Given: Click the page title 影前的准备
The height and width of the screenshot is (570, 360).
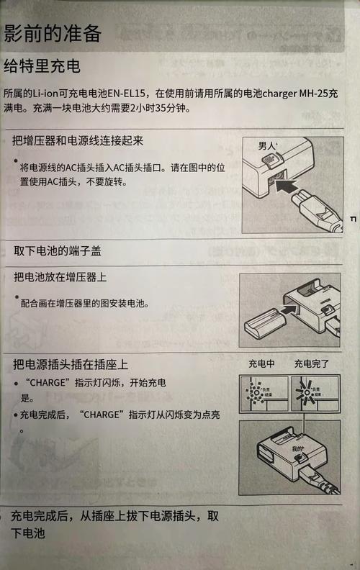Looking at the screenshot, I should [x=52, y=32].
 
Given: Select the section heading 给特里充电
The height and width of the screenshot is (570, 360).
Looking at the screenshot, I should [x=42, y=67].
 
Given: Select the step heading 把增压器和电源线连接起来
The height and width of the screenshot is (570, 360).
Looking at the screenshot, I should [x=78, y=140].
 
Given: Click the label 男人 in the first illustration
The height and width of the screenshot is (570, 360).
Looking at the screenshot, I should [x=267, y=146].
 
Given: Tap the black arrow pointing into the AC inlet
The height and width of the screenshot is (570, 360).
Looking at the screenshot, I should [x=292, y=189].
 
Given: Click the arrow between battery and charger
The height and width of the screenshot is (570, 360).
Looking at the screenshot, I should [x=288, y=310].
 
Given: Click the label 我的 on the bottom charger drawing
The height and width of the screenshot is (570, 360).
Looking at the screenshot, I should [x=298, y=448].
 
